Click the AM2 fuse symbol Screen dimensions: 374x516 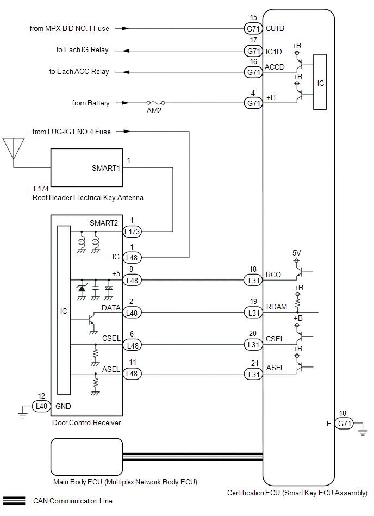point(156,103)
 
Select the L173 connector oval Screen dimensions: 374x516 point(132,232)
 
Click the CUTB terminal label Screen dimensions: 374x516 point(275,29)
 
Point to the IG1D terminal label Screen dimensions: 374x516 point(273,52)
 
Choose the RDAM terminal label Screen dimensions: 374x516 point(276,307)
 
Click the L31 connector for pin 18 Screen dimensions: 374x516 point(253,281)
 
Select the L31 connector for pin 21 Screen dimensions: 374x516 point(253,374)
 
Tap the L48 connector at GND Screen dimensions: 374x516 point(41,406)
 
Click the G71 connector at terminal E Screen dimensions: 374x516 point(345,424)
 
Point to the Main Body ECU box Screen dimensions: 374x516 point(86,457)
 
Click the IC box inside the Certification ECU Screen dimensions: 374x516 point(320,82)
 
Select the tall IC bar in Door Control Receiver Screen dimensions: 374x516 point(64,310)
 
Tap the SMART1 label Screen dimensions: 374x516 point(106,168)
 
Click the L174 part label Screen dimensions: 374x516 point(41,189)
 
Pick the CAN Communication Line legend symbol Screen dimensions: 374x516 point(14,501)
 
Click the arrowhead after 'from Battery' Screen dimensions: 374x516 point(126,103)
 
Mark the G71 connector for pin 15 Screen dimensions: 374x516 point(253,29)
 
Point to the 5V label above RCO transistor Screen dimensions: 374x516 point(296,253)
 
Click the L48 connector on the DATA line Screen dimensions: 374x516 point(132,313)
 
